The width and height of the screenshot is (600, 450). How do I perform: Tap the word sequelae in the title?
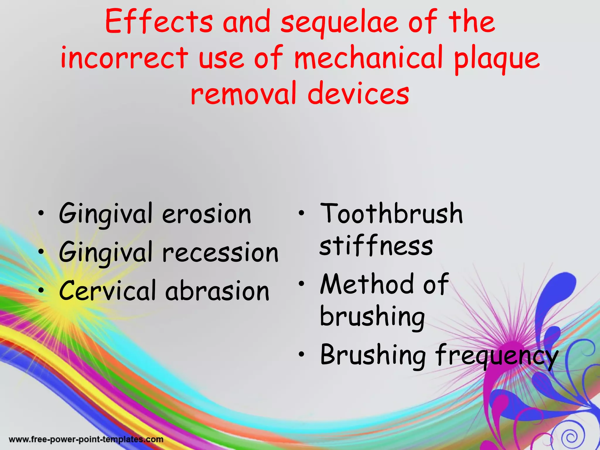[x=339, y=23]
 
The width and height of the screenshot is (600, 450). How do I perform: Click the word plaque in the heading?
[x=497, y=60]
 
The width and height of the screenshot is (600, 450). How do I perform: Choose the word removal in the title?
[x=243, y=94]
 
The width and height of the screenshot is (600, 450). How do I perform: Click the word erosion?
[x=207, y=214]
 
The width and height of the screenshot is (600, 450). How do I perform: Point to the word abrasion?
[x=217, y=291]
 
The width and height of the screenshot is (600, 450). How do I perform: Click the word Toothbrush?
[x=391, y=214]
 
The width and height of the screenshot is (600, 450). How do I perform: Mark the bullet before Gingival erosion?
[x=42, y=214]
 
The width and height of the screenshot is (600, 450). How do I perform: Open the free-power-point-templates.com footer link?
[x=86, y=439]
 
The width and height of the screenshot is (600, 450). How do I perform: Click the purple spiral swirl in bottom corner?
[x=570, y=438]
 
